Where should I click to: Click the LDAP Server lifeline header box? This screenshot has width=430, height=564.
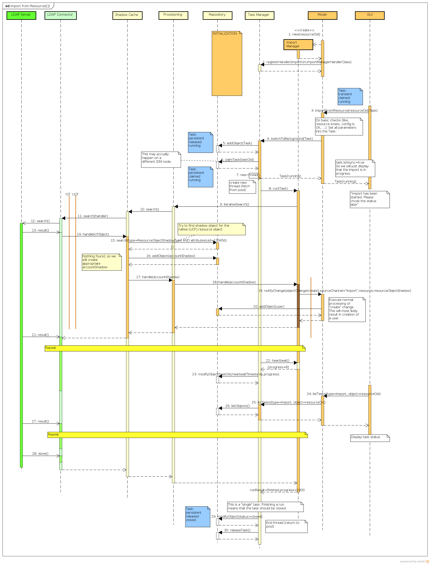click(x=21, y=15)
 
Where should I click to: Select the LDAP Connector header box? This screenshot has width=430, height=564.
click(x=60, y=15)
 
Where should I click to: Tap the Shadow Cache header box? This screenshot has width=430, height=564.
click(x=127, y=15)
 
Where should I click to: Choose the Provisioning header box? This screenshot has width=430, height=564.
click(x=173, y=15)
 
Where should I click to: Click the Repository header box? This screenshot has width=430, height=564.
click(x=217, y=15)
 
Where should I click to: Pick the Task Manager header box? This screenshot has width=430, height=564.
click(x=259, y=15)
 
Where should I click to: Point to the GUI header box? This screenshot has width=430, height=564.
click(x=370, y=15)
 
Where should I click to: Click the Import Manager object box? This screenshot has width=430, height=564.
click(x=298, y=45)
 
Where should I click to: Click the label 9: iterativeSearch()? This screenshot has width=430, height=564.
click(x=234, y=204)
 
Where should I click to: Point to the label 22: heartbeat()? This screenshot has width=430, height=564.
click(x=277, y=360)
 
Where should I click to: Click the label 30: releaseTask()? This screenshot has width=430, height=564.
click(x=237, y=530)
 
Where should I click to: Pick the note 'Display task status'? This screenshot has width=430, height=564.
click(x=370, y=438)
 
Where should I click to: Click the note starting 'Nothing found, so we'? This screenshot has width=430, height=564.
click(x=102, y=262)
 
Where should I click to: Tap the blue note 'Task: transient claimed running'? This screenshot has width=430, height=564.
click(x=350, y=96)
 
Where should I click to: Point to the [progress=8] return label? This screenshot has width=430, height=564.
click(x=278, y=367)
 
